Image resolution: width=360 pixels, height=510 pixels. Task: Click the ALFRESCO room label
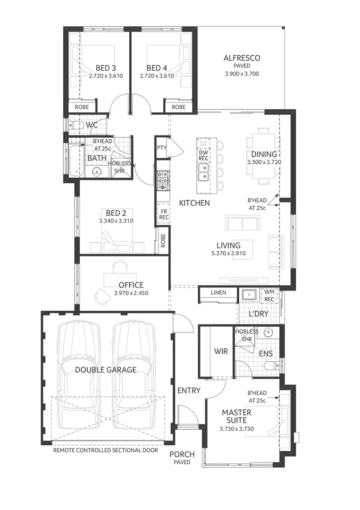coord(242,58)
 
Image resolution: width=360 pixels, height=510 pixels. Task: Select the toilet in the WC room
coord(75,126)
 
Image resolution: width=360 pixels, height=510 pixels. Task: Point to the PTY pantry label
coord(162,148)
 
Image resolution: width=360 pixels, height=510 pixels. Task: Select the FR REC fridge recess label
coord(164,214)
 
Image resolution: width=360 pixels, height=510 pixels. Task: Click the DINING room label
coord(264,154)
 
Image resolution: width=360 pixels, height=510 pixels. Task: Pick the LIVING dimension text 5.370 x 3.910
coord(228,254)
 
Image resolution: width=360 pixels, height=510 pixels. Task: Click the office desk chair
coord(101,296)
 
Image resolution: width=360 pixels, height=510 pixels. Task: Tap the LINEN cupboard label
coord(218,293)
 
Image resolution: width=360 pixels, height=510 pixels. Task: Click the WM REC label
coord(269,296)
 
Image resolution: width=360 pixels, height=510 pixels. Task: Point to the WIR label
coord(221,351)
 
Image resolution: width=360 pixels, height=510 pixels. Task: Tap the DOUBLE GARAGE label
coord(106,370)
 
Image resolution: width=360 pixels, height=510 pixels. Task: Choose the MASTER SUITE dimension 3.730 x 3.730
coord(236,429)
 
